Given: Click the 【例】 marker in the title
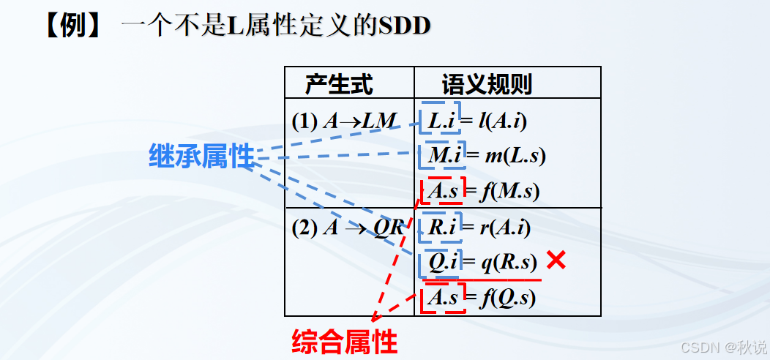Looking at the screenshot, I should tap(74, 28).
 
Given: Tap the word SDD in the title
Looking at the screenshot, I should tap(404, 28).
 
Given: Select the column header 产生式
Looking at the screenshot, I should tap(339, 85).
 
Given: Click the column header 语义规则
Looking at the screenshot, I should tap(487, 85).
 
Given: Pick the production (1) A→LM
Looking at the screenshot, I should tap(343, 121).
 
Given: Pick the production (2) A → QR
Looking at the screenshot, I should tap(348, 228).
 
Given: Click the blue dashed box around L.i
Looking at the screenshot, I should tap(442, 120).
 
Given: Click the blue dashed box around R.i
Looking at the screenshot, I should tap(442, 227).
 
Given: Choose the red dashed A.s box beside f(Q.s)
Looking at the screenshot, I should tap(444, 298).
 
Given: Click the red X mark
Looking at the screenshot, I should tap(556, 260).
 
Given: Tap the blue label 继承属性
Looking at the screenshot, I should tap(201, 156).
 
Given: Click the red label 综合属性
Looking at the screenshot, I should tap(344, 342).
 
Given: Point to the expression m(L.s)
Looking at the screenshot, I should tap(515, 156).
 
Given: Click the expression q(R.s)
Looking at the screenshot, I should tap(509, 263).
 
